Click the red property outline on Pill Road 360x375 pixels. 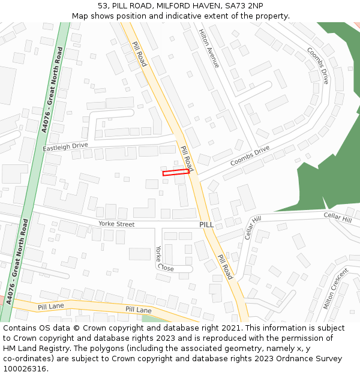pos(176,173)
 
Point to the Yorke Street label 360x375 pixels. pos(116,224)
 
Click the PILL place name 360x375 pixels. pos(206,224)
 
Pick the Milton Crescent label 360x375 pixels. pos(335,289)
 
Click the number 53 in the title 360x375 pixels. pos(102,6)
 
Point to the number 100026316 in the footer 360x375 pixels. pos(24,369)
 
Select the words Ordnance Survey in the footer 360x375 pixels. pos(310,359)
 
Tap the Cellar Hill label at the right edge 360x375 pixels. pos(337,216)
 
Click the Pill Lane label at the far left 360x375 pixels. pos(51,307)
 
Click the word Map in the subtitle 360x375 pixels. pos(80,16)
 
